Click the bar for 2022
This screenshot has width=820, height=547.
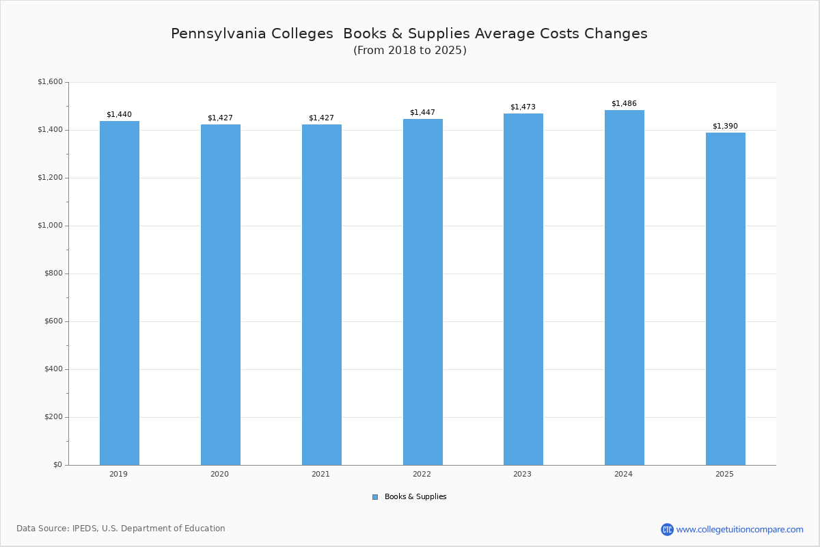point(422,292)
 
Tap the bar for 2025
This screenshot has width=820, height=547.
point(725,299)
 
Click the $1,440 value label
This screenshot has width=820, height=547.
point(119,115)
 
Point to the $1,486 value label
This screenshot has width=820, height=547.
point(624,104)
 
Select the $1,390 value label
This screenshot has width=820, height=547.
point(725,126)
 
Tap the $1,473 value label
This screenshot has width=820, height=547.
point(523,107)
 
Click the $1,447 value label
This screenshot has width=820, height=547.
point(422,113)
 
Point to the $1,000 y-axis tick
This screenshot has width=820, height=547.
point(50,226)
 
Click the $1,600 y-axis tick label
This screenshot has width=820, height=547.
point(50,82)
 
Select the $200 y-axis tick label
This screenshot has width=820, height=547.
point(52,417)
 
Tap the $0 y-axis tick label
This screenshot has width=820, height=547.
point(57,465)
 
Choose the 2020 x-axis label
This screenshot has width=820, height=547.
point(219,474)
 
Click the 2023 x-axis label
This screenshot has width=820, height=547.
point(522,474)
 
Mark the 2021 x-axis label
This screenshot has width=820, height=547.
point(320,474)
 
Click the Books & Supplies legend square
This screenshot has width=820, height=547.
point(375,497)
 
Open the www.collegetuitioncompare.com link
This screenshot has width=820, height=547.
point(739,529)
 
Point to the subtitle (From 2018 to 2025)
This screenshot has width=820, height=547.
point(409,51)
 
